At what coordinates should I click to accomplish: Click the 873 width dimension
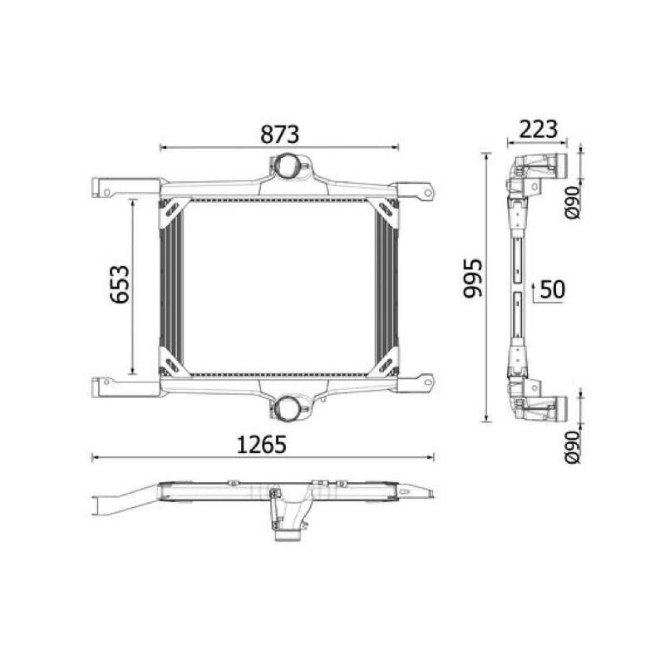click(x=279, y=134)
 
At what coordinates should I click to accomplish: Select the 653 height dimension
click(x=119, y=284)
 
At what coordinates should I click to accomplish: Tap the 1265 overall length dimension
click(x=262, y=445)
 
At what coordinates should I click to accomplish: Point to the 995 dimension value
click(x=472, y=278)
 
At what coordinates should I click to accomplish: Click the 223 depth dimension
click(x=538, y=130)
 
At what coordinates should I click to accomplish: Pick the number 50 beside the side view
click(x=553, y=289)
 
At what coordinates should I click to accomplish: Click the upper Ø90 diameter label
click(x=573, y=202)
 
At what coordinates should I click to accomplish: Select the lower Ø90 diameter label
click(x=573, y=447)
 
